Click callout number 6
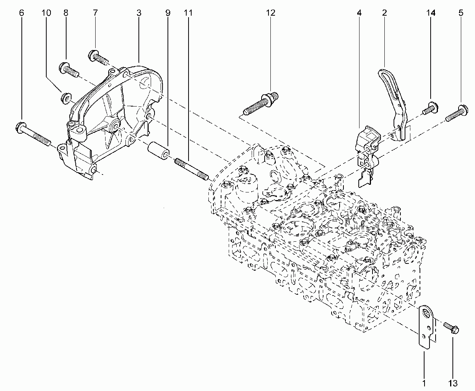click(21, 13)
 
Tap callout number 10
click(46, 13)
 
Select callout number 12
click(270, 13)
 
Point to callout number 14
click(431, 13)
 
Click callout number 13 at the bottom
click(453, 383)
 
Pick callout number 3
click(139, 13)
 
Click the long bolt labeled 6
click(33, 134)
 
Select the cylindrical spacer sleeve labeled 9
click(158, 151)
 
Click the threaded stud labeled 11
click(192, 170)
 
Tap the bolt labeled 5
click(457, 113)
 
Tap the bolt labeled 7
click(98, 57)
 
